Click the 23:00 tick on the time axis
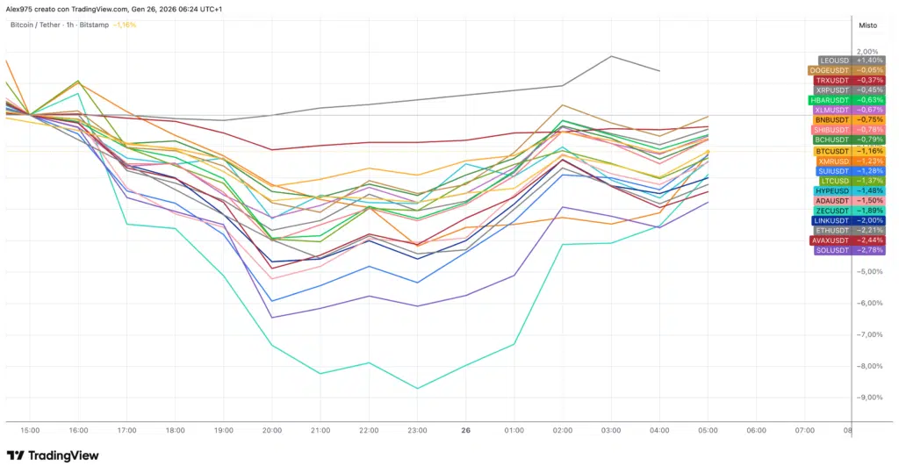417,431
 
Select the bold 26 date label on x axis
465,431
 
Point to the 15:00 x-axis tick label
30,431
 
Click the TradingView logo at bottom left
53,455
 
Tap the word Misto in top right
867,25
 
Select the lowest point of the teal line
418,388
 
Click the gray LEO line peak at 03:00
611,56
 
